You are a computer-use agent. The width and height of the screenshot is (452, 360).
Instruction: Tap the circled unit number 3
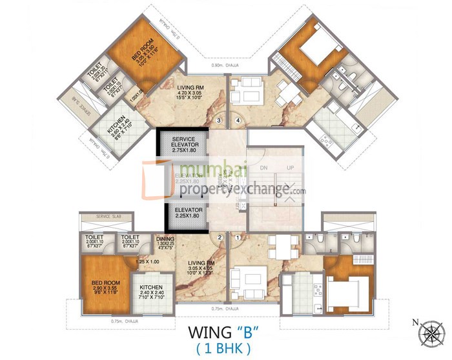click(x=220, y=119)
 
